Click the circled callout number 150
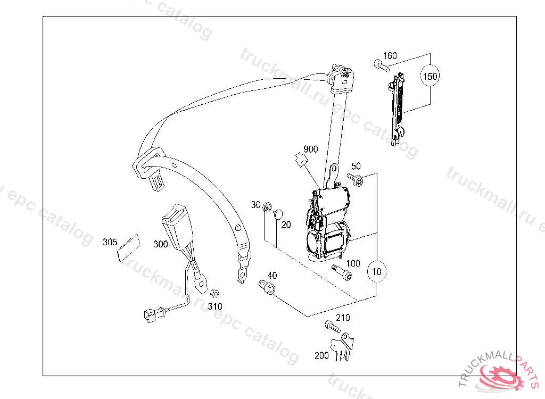coord(430,77)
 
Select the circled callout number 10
coord(377,271)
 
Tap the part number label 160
coord(390,56)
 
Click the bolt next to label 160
coord(379,65)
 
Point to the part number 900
coord(311,149)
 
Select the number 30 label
coord(256,205)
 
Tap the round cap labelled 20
coord(277,214)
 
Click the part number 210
coord(343,318)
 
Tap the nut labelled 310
coord(215,293)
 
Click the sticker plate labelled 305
coord(126,248)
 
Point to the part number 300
coord(160,244)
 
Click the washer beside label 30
coord(268,205)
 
